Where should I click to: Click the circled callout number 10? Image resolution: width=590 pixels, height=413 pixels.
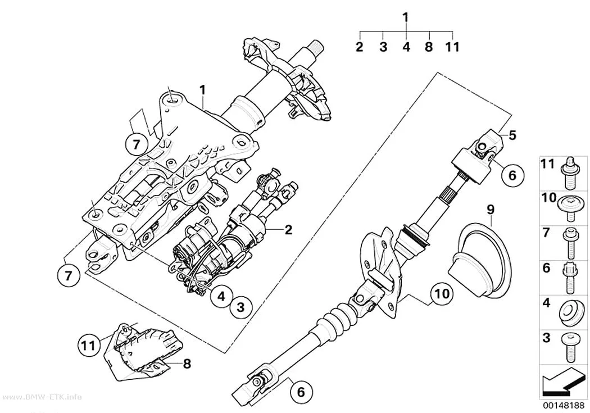point(442,294)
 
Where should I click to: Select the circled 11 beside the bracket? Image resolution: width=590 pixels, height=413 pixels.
point(89,345)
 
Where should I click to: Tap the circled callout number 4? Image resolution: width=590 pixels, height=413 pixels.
point(221,296)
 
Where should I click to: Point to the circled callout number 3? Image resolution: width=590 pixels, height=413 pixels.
point(241,307)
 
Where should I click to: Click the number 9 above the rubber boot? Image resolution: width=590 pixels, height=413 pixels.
point(491,210)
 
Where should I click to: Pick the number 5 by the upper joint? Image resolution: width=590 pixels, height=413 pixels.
point(512,135)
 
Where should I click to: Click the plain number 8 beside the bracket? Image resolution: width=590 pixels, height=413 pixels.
point(187,364)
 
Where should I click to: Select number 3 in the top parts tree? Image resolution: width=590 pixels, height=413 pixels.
point(383,47)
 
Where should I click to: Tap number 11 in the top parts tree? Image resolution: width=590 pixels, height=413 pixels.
point(452,47)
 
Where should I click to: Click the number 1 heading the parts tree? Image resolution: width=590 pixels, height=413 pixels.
point(406,17)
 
